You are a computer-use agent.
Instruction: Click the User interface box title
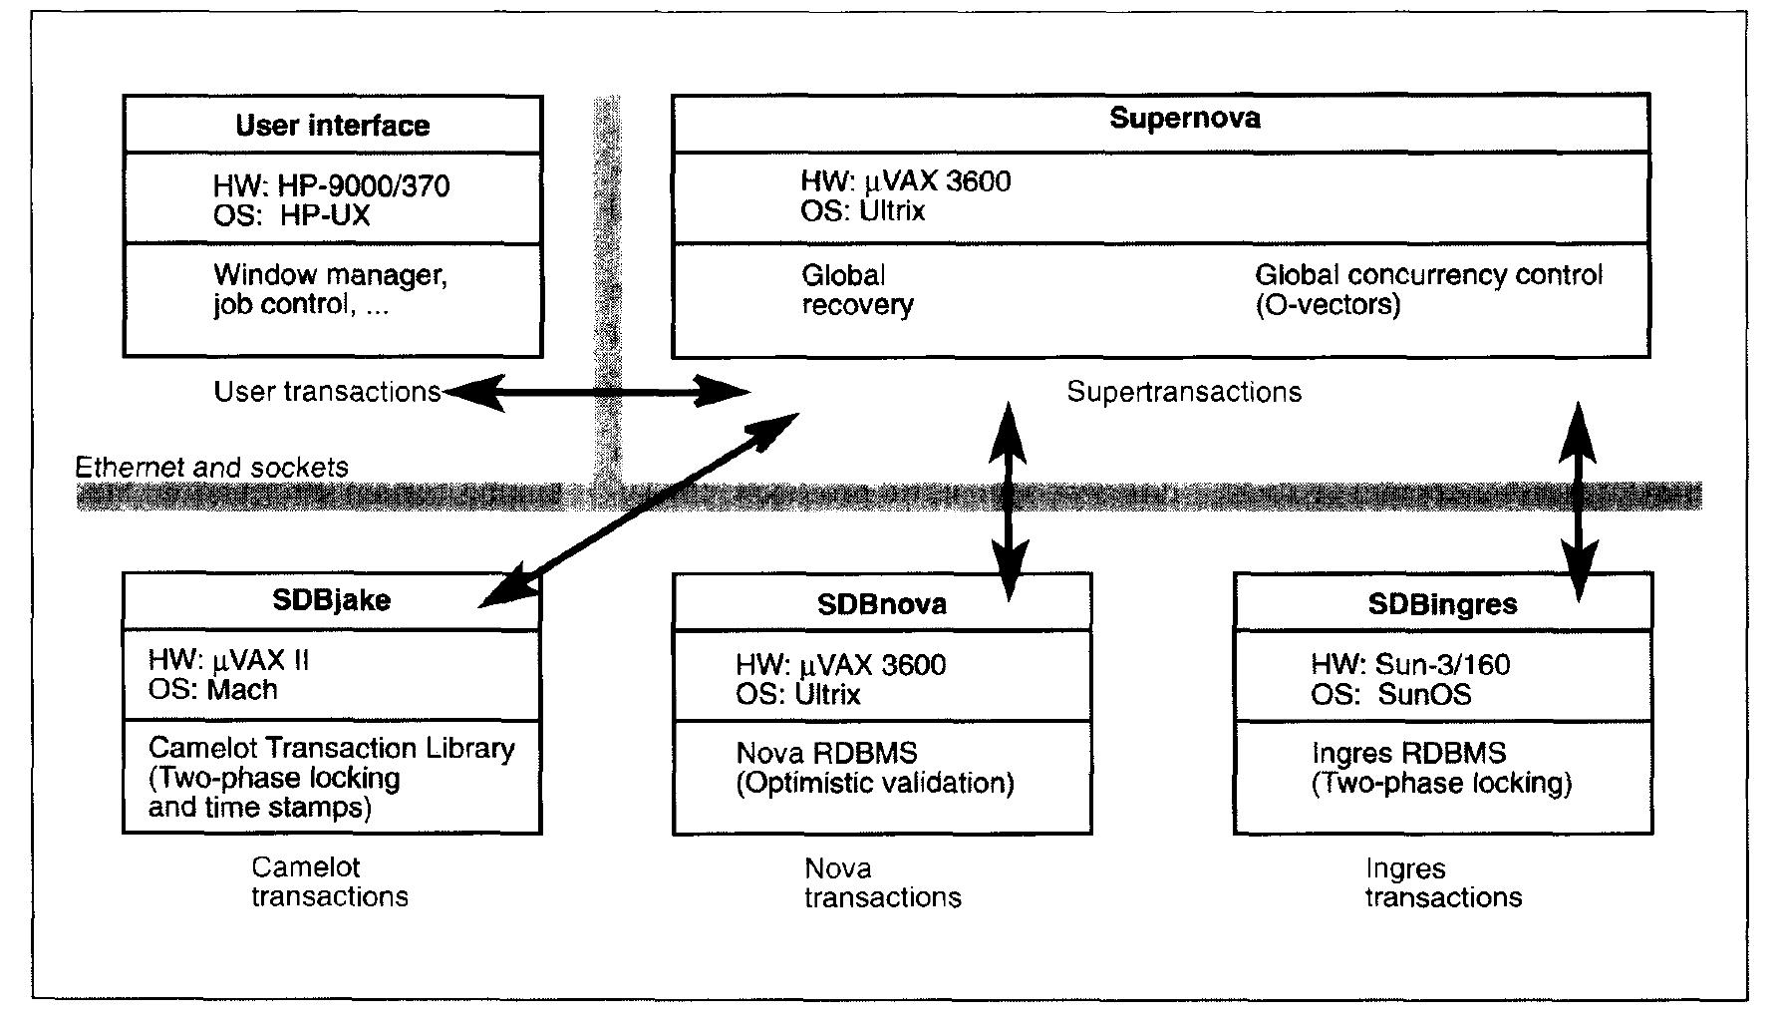(332, 126)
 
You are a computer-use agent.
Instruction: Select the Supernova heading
(1184, 118)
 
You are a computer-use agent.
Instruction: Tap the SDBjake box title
(331, 600)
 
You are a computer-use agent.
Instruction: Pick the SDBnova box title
(882, 604)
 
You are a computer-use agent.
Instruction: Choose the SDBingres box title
(1442, 604)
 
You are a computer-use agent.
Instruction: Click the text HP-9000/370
(363, 186)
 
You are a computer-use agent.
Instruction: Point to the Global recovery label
(857, 290)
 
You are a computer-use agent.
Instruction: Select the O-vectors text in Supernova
(1328, 305)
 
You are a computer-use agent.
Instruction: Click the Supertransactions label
(1184, 392)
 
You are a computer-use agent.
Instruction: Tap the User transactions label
(327, 392)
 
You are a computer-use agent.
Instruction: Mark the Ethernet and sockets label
(211, 467)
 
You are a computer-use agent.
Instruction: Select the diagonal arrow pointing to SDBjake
(638, 510)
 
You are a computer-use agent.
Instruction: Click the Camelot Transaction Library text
(331, 749)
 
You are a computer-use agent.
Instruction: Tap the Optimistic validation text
(874, 784)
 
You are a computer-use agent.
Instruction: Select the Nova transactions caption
(882, 883)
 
